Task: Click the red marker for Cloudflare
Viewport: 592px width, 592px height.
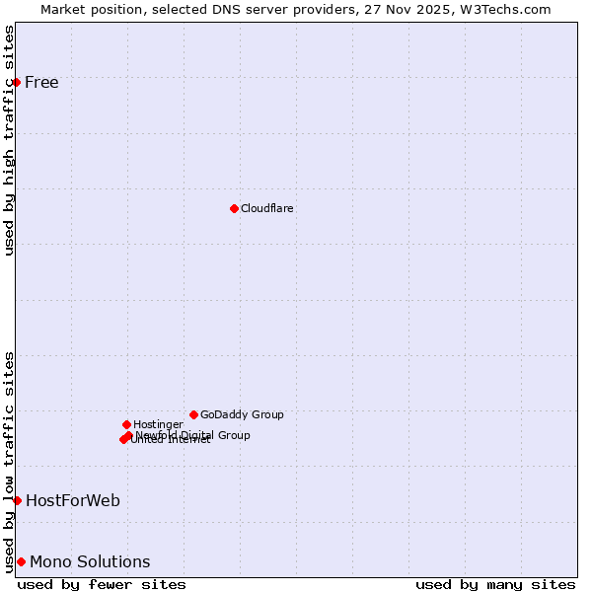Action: click(234, 208)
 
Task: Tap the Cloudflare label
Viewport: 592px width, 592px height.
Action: click(266, 208)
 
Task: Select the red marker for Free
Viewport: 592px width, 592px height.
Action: click(17, 82)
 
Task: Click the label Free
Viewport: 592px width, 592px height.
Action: click(41, 82)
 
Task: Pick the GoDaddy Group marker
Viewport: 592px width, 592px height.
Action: click(193, 414)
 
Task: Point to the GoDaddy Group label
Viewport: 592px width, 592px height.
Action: click(242, 414)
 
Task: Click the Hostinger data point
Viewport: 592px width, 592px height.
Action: click(126, 424)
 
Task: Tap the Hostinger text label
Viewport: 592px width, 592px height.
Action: click(158, 424)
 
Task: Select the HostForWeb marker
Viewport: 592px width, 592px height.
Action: click(17, 500)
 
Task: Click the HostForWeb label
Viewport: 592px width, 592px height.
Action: click(73, 500)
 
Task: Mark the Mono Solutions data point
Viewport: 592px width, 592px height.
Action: click(21, 561)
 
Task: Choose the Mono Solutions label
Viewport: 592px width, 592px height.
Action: click(90, 561)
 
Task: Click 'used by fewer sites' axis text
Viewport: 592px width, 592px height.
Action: click(102, 584)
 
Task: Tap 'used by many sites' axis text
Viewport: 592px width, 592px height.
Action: click(495, 584)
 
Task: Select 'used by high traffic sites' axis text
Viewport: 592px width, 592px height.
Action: click(10, 140)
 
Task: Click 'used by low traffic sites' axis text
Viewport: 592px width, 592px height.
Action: click(10, 461)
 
